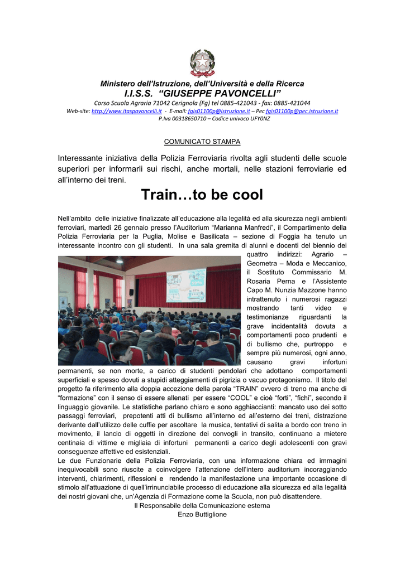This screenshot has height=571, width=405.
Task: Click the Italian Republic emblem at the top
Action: (202, 62)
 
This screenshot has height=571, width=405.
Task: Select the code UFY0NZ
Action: (259, 118)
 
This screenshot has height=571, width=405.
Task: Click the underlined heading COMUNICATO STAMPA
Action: (202, 142)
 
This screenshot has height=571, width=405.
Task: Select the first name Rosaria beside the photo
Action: (260, 281)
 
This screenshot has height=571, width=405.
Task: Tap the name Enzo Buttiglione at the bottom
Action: (202, 514)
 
